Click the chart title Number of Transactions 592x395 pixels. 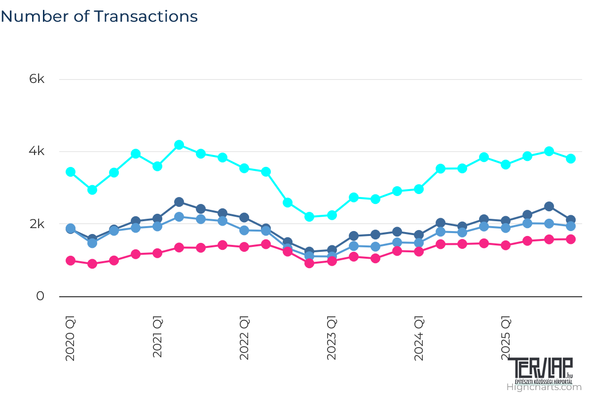pos(99,16)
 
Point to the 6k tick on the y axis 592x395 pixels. pos(37,79)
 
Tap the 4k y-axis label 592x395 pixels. pos(37,152)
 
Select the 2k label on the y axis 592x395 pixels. pos(37,224)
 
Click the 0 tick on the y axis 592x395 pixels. pos(40,296)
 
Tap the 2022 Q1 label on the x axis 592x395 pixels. pos(244,338)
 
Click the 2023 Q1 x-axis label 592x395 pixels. pos(332,338)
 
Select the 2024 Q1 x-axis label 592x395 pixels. pos(419,338)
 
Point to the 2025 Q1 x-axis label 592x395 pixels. pos(506,338)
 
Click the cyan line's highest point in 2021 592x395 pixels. pos(179,145)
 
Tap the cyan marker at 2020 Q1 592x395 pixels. pos(71,172)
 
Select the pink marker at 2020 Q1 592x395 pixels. pos(71,261)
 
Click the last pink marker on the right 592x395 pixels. pos(571,239)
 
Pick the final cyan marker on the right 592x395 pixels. pos(571,158)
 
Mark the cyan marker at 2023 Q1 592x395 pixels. pos(332,215)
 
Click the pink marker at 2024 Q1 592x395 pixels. pos(419,251)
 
